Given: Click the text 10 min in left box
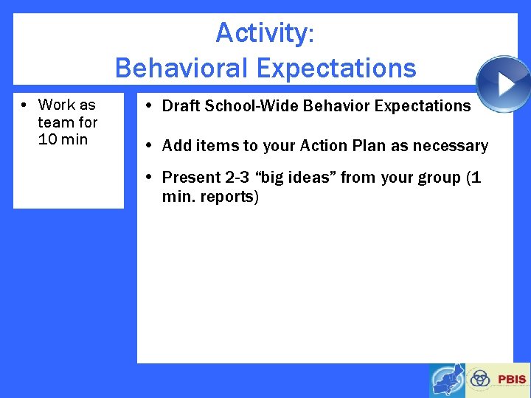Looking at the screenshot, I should [63, 139].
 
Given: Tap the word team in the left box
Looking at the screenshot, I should [56, 122].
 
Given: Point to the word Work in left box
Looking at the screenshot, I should [57, 105].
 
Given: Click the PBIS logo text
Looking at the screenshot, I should [512, 380].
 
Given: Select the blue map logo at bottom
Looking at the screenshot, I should [447, 380].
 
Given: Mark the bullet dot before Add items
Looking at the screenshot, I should [149, 146].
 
